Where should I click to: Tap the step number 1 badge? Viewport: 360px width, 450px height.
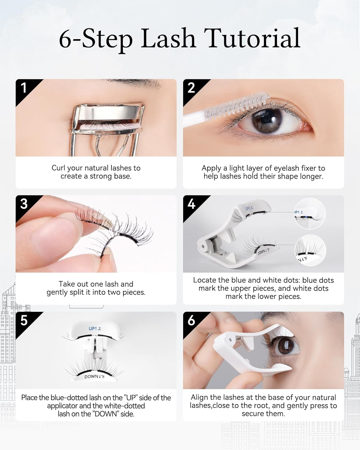click(23, 88)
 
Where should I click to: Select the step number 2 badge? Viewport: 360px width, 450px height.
click(191, 88)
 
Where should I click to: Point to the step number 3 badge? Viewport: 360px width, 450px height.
click(24, 204)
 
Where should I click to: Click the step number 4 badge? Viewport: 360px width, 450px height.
click(191, 204)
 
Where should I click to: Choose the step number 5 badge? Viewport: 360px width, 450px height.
click(24, 320)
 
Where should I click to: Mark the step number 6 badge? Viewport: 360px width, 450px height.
click(191, 320)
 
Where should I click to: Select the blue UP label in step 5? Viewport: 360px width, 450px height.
click(95, 328)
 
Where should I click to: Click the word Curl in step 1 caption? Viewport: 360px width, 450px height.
click(58, 168)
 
